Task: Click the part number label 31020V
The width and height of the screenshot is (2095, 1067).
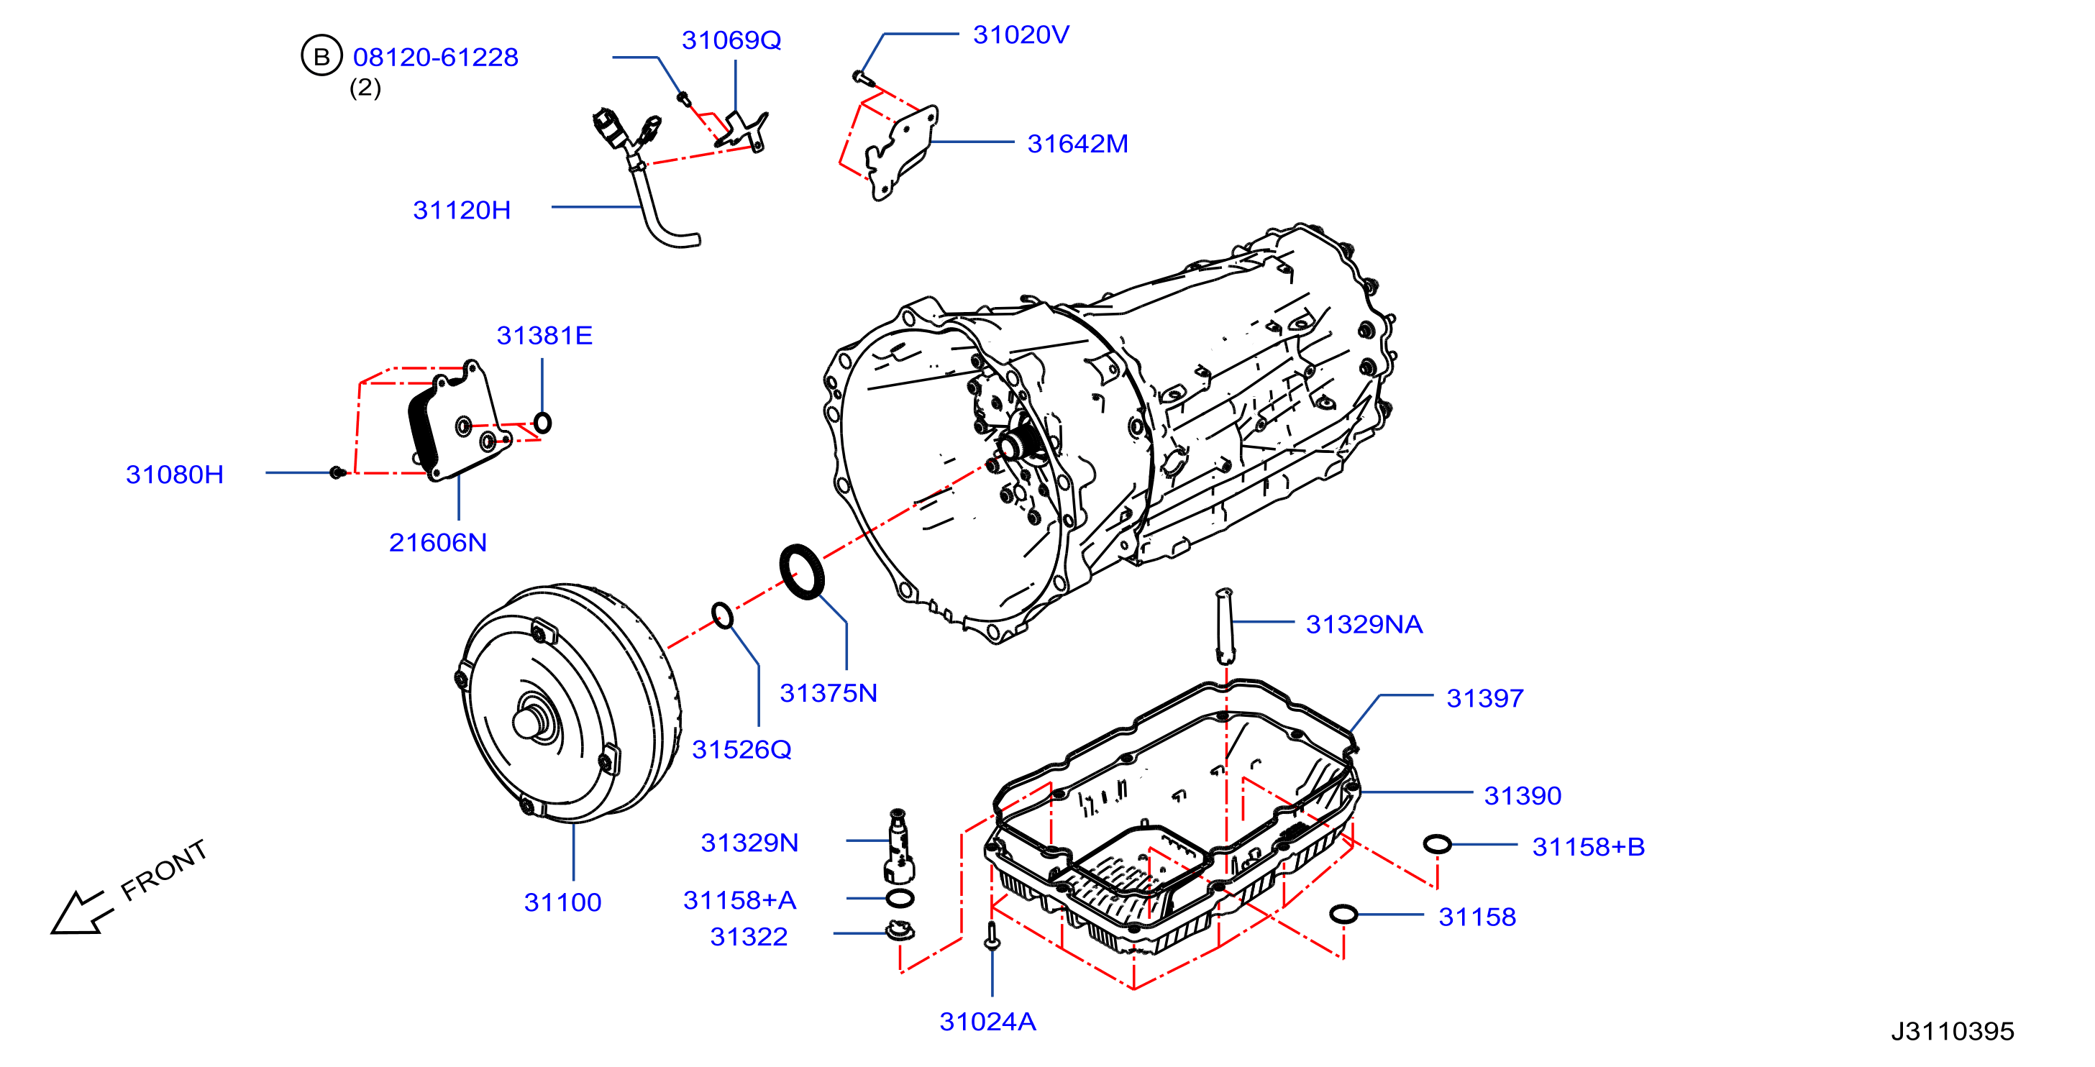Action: tap(1021, 35)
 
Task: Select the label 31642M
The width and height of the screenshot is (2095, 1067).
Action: tap(1077, 144)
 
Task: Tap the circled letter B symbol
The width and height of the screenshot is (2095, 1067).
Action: tap(321, 56)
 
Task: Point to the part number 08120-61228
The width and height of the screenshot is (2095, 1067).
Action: tap(435, 57)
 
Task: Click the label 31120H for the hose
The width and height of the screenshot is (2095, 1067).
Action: tap(462, 210)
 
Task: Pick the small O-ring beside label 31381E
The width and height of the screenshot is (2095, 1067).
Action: tap(542, 423)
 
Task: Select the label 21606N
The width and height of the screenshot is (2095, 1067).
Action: tap(437, 542)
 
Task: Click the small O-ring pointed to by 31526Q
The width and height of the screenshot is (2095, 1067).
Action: tap(722, 615)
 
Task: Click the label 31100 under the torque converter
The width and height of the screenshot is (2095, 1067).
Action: tap(563, 902)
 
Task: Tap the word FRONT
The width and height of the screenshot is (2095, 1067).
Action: tap(164, 870)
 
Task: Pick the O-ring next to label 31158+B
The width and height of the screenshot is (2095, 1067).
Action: tap(1437, 844)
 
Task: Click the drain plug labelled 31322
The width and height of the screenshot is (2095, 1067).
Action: tap(899, 930)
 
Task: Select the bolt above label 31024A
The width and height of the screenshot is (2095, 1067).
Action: tap(991, 936)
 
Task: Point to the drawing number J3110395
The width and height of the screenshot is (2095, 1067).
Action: tap(1952, 1031)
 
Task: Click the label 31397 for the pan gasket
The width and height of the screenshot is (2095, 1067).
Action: tap(1485, 697)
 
